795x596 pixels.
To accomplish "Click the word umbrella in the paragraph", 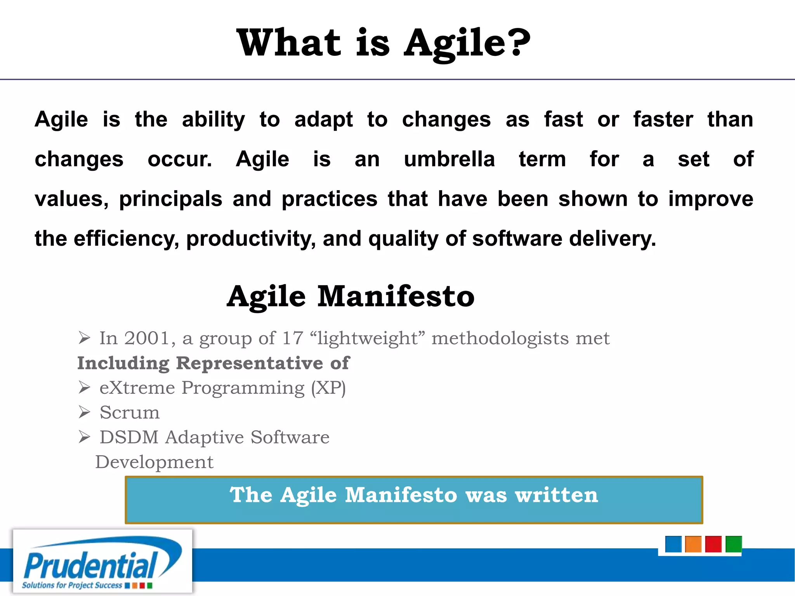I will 449,159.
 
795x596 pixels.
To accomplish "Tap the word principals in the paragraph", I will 170,199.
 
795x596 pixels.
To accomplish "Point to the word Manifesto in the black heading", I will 396,296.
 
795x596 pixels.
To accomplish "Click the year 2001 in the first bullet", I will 147,338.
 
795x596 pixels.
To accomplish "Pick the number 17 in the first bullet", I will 292,338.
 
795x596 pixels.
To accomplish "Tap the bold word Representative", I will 249,363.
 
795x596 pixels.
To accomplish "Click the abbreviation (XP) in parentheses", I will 328,388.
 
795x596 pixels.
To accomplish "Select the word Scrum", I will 130,412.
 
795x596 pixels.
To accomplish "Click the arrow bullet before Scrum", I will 84,412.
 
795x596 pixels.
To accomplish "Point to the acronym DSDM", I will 129,437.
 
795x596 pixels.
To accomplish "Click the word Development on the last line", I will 154,462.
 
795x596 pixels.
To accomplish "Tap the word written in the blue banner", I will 556,495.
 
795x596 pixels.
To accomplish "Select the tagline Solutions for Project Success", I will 72,585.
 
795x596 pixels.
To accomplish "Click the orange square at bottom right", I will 693,544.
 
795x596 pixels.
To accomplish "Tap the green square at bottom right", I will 733,544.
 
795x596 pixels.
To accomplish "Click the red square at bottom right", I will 713,544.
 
